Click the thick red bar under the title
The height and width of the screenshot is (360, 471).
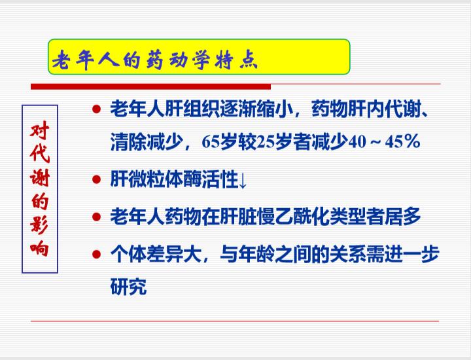point(151,87)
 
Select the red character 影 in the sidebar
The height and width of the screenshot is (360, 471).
point(40,225)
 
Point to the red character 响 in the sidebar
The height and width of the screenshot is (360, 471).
point(40,248)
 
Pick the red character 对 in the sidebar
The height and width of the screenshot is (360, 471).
point(40,130)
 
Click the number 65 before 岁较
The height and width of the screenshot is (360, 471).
point(211,141)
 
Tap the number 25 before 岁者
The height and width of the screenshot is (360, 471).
point(266,141)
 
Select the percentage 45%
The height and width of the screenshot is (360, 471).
point(402,141)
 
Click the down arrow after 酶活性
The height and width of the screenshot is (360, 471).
point(243,180)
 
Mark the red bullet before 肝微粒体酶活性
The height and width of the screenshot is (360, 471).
point(96,180)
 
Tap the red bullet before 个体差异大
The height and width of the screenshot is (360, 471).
point(96,254)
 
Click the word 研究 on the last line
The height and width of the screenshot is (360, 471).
point(129,287)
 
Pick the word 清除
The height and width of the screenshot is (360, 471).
point(129,141)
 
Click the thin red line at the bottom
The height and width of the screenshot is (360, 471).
point(235,321)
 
